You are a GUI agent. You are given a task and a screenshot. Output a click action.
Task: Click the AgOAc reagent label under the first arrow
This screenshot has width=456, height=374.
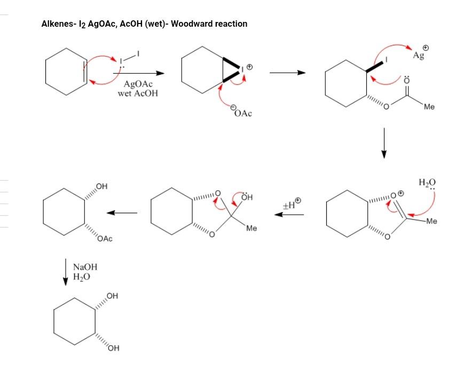(138, 84)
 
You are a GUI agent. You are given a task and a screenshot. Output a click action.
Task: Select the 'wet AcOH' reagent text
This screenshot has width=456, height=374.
(138, 93)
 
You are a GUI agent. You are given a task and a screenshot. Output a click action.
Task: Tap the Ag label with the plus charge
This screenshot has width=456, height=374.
(419, 56)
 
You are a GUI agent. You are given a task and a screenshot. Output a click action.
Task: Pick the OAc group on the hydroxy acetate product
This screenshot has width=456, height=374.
(105, 239)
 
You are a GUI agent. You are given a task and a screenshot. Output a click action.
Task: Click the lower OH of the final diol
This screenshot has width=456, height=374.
(112, 349)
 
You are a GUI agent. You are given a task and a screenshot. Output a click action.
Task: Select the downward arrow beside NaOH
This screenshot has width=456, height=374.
(66, 271)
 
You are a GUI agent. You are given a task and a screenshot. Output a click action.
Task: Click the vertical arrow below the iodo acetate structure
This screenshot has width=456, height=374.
(383, 143)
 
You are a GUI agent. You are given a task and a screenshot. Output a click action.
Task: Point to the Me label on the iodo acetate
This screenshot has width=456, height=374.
(429, 107)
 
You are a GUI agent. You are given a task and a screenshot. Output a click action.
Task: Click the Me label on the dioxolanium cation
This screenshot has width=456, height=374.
(432, 220)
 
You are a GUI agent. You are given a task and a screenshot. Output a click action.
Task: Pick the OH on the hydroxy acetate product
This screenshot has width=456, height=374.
(102, 186)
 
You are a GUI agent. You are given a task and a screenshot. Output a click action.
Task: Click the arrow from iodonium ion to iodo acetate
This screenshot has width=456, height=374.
(287, 73)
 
